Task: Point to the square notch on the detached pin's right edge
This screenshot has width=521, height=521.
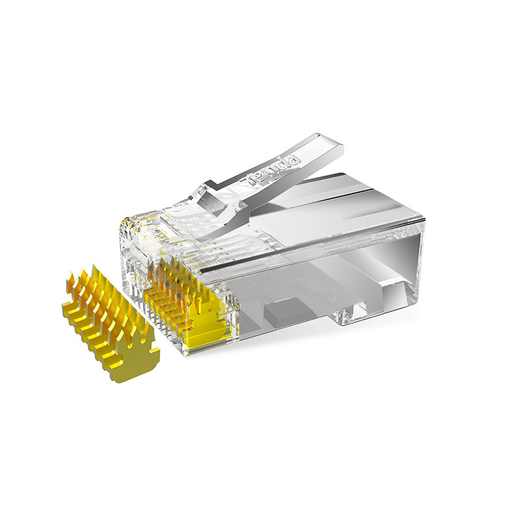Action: [154, 350]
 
